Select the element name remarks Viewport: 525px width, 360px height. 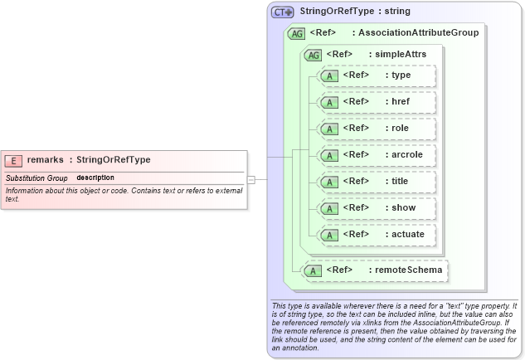[x=46, y=160]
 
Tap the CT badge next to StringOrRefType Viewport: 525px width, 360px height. [x=283, y=12]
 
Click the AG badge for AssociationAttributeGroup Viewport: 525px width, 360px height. [x=296, y=34]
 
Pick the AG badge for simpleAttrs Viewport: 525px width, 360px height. [x=314, y=55]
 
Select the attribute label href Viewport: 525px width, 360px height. [x=401, y=102]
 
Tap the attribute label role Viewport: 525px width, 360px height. [x=401, y=129]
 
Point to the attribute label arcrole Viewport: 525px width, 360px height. [x=407, y=155]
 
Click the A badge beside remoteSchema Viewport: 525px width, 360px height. [x=314, y=270]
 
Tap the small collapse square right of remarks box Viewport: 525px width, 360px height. [x=262, y=179]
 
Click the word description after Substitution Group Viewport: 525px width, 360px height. [x=95, y=178]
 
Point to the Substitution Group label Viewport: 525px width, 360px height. [x=36, y=178]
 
